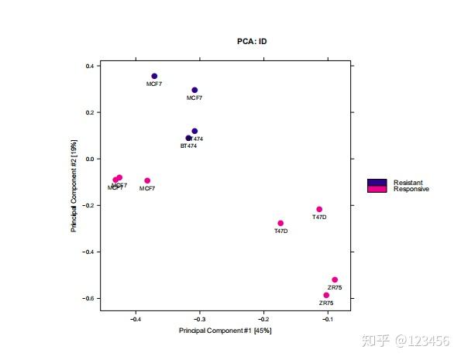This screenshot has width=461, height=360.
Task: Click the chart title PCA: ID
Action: click(x=252, y=41)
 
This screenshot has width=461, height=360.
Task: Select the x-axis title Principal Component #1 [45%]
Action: click(x=225, y=331)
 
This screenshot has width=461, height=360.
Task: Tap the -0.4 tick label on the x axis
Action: click(x=136, y=318)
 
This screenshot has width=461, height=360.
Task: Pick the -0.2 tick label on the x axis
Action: click(x=263, y=318)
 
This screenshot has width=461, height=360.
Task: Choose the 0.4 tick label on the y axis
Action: click(x=89, y=67)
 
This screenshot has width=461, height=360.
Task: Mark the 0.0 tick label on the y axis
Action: click(x=89, y=159)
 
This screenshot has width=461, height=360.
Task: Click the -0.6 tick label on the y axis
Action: click(x=88, y=299)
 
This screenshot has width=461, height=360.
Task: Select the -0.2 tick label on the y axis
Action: click(x=88, y=206)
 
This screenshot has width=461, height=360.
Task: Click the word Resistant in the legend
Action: click(x=408, y=183)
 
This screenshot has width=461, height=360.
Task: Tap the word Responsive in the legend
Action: click(x=411, y=189)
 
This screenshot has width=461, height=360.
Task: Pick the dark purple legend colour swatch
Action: click(x=377, y=183)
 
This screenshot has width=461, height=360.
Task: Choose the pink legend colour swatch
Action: click(x=377, y=189)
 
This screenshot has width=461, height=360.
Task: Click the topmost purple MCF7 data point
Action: click(x=154, y=76)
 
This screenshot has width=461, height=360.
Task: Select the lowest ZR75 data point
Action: click(x=326, y=295)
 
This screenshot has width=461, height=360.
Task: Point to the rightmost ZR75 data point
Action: click(x=335, y=279)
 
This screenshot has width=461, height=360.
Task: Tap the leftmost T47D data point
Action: click(x=280, y=223)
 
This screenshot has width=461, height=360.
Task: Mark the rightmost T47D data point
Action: click(x=319, y=209)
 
